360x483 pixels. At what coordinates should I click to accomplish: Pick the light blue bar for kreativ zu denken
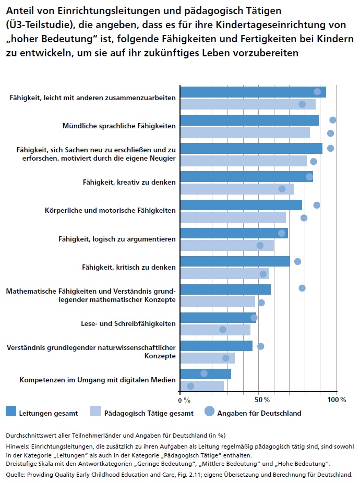click(237, 189)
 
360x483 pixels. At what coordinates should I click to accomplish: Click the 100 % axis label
click(337, 400)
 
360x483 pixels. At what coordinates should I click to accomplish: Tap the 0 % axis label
click(184, 400)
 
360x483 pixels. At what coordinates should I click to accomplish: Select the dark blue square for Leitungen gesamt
click(11, 412)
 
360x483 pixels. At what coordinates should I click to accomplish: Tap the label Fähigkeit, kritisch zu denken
click(129, 267)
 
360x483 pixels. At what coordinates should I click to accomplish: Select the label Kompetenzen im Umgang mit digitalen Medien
click(98, 380)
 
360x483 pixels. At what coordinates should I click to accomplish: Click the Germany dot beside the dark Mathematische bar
click(302, 288)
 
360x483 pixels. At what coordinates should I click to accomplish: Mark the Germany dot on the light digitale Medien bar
click(190, 386)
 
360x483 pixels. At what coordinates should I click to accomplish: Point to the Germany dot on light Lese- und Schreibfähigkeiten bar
click(223, 330)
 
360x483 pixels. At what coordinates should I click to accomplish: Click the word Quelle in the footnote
click(16, 475)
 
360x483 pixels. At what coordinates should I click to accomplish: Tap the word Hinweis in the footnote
click(17, 447)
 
